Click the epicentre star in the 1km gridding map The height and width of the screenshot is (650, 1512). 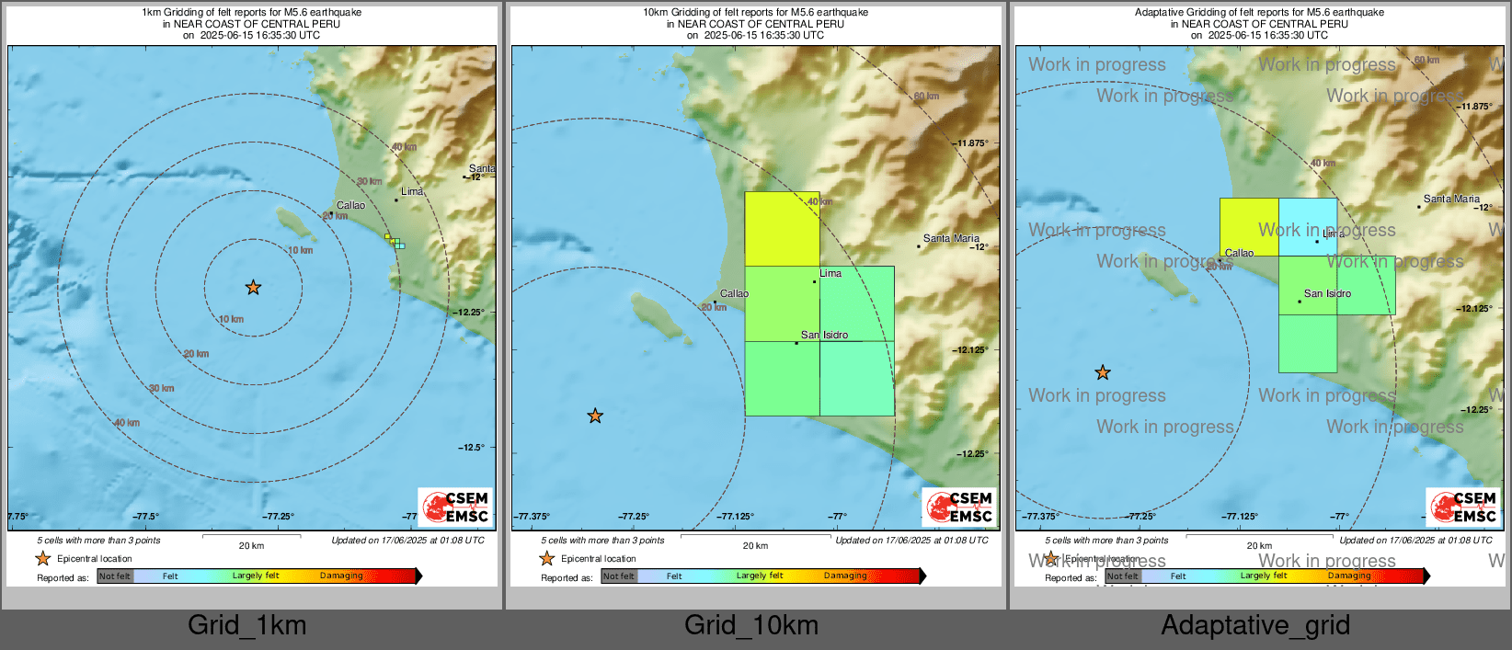[x=253, y=288]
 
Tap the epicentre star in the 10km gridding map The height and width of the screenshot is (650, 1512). [x=595, y=416]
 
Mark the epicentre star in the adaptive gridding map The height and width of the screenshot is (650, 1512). [x=1103, y=372]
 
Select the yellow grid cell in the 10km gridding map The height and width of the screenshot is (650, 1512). [x=782, y=229]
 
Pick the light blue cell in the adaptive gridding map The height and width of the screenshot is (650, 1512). [x=1308, y=227]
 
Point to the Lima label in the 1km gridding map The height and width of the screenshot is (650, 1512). [x=412, y=191]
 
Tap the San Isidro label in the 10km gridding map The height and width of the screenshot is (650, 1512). [x=824, y=335]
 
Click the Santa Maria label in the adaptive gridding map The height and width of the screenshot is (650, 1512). [x=1451, y=199]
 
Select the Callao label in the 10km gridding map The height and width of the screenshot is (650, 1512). [x=734, y=293]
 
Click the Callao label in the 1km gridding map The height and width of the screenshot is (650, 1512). [x=350, y=205]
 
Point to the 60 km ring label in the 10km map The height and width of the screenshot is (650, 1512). [x=926, y=97]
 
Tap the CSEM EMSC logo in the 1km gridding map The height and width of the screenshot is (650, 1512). [x=456, y=507]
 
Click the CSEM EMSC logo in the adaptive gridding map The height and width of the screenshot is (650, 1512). [x=1464, y=507]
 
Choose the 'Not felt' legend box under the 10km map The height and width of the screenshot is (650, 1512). [x=619, y=576]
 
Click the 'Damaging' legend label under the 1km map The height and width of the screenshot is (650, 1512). [x=341, y=576]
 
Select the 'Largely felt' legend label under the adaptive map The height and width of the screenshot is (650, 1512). [x=1264, y=576]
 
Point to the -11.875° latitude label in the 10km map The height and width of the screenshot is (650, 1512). [x=971, y=143]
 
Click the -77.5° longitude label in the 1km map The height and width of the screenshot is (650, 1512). [x=145, y=517]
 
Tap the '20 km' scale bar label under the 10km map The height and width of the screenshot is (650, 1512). [x=755, y=546]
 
